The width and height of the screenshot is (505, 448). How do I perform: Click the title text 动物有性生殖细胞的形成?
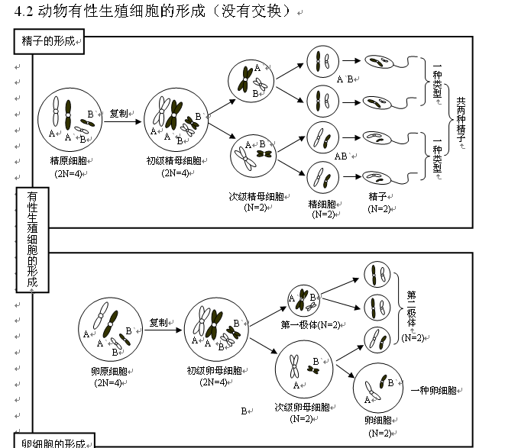coord(122,14)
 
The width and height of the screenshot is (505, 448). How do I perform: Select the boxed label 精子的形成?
coord(47,42)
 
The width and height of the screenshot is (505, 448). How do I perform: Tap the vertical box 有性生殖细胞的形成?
coord(32,240)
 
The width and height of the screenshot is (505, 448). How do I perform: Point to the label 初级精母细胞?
coord(174,161)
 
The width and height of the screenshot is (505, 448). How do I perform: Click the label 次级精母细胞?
coord(257,196)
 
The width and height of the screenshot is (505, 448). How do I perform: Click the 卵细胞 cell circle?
coord(379,390)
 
